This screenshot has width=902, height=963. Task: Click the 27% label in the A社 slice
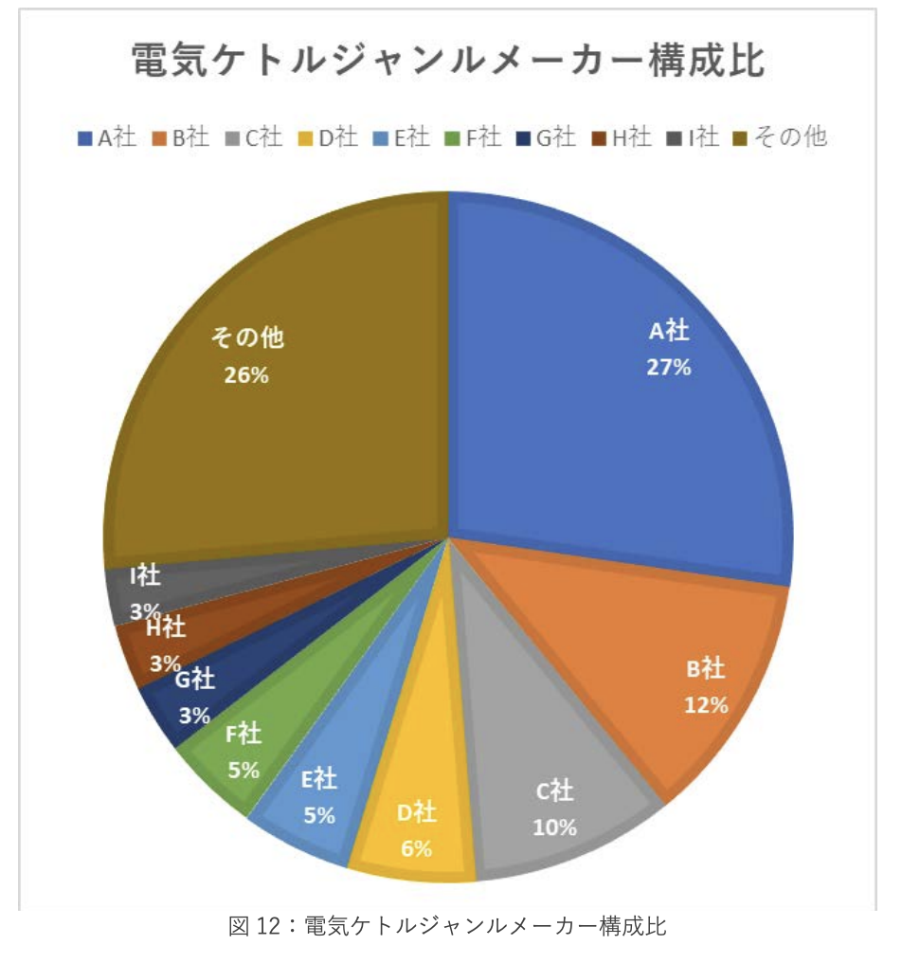pyautogui.click(x=668, y=368)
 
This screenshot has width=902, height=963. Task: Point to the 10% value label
pyautogui.click(x=554, y=827)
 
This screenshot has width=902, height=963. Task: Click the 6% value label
pyautogui.click(x=416, y=848)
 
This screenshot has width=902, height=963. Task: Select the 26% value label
pyautogui.click(x=246, y=374)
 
